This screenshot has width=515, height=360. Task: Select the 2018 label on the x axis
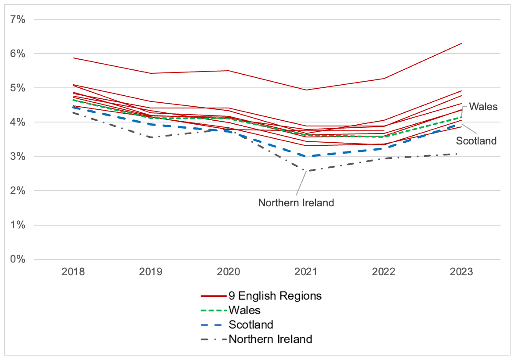click(73, 272)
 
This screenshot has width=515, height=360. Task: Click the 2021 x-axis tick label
click(306, 272)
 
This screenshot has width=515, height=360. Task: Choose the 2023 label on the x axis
click(461, 272)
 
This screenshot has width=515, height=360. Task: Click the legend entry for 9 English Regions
click(275, 296)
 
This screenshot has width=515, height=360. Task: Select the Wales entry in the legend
click(244, 310)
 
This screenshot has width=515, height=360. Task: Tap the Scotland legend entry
click(251, 325)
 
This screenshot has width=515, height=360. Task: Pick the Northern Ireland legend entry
click(270, 339)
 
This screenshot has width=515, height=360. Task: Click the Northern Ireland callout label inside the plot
click(296, 203)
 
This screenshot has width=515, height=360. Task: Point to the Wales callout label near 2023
click(483, 107)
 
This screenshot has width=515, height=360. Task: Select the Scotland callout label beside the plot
click(476, 141)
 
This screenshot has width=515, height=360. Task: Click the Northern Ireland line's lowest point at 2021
click(306, 171)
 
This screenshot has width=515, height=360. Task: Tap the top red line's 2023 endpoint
click(461, 43)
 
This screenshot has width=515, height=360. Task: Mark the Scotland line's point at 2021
click(306, 156)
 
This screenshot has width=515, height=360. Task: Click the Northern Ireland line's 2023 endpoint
click(461, 154)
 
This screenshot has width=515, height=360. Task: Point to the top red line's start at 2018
click(73, 58)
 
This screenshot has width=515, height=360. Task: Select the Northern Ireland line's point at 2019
click(151, 137)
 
